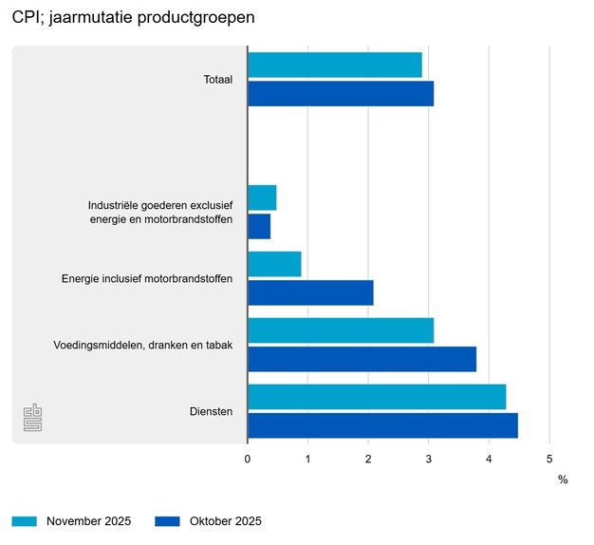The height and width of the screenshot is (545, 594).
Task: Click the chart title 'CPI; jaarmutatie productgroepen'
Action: pos(133,18)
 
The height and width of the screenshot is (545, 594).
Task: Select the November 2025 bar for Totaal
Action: pos(334,65)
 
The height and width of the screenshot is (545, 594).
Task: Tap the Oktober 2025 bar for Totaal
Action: pos(340,94)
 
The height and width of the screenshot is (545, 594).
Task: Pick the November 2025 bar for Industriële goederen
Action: pos(262,197)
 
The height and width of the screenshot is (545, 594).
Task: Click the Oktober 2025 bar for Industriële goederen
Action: pos(259,226)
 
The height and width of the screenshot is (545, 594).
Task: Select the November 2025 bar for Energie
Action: pos(274,264)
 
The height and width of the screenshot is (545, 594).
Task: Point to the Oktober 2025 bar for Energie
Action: pos(310,293)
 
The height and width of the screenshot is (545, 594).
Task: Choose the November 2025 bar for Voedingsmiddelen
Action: pos(340,330)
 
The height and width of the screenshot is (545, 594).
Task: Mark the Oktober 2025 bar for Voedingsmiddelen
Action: pos(362,360)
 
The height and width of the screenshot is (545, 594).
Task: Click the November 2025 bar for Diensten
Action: pos(377,397)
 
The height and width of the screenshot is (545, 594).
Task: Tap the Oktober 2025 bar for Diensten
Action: pos(382,426)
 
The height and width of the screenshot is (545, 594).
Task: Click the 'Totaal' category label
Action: pos(218,80)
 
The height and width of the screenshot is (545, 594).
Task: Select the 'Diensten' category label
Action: pos(212,412)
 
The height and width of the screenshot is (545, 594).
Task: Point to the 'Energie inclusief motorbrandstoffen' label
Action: pos(147,279)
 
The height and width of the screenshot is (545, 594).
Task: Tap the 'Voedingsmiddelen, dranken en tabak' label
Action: pos(142,346)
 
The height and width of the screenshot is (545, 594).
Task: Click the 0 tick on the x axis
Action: pos(248,460)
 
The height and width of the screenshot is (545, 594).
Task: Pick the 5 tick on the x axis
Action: pos(548,460)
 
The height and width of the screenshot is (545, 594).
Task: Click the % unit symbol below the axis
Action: pos(563,479)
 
